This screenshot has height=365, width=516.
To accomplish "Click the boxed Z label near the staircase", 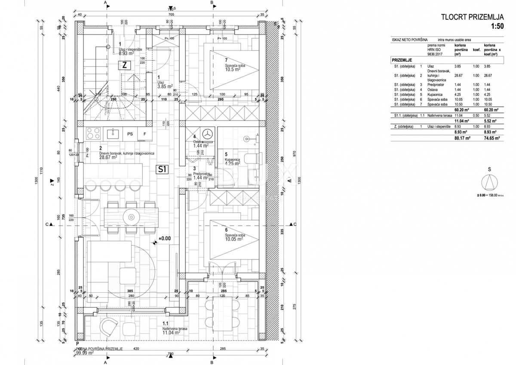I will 124,65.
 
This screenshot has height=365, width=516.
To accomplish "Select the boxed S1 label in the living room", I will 162,169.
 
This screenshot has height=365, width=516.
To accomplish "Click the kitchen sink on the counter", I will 113,134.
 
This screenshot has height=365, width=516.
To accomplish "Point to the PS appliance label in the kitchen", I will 130,134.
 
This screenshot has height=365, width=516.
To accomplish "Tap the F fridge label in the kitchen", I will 144,134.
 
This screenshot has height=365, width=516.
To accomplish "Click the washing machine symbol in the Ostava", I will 208,134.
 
